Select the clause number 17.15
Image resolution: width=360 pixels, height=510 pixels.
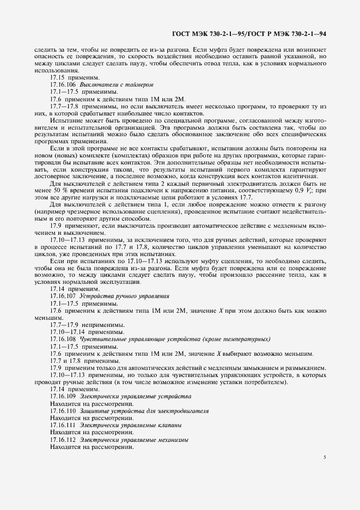57,78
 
